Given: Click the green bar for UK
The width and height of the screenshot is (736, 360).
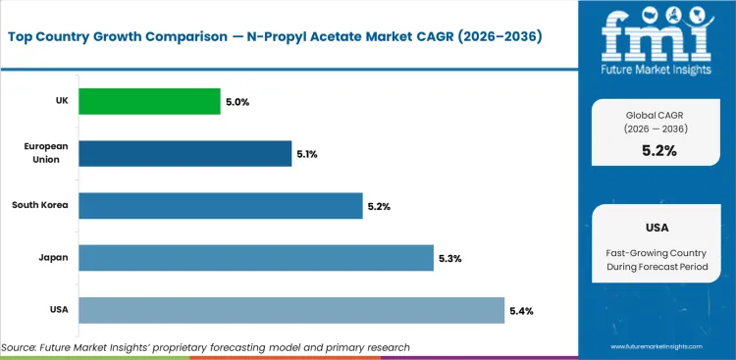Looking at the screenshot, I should click(149, 101).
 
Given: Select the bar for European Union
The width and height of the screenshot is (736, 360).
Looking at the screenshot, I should click(184, 153).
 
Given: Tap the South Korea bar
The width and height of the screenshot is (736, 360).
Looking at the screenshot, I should click(220, 206).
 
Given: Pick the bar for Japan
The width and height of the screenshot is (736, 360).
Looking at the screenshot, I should click(255, 258).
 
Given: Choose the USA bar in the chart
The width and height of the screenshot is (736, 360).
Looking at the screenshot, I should click(291, 310).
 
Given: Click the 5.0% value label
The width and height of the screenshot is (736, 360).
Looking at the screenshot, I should click(237, 101).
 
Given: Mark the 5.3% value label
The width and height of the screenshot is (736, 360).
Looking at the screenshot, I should click(450, 258).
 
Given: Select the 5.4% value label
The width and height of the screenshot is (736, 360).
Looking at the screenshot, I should click(522, 310).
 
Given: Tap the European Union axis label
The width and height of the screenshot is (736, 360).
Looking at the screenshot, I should click(45, 153).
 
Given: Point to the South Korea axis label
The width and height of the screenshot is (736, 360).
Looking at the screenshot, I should click(39, 206).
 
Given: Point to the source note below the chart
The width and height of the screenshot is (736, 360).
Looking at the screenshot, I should click(206, 347).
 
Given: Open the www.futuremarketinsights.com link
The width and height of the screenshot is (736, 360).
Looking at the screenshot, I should click(657, 347).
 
